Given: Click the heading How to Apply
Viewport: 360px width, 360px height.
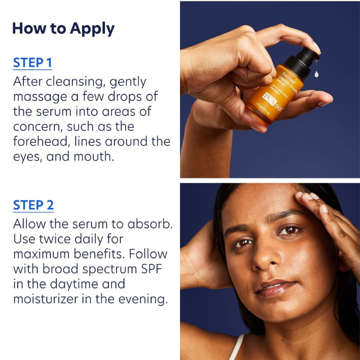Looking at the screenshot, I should click(63, 28).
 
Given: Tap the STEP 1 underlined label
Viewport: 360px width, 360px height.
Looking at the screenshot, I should click(32, 63).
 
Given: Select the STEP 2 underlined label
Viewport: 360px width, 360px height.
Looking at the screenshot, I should click(33, 205).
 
